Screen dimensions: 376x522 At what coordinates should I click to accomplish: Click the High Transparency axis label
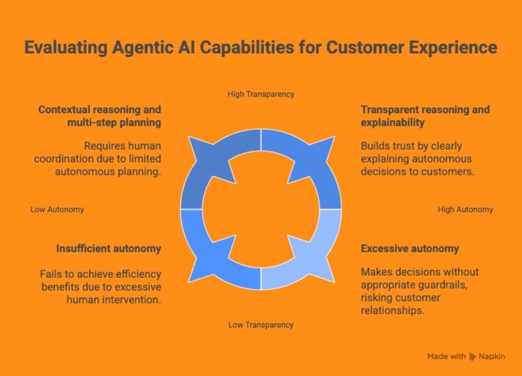tap(260, 94)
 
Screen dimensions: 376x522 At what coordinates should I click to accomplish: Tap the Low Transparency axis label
tap(260, 325)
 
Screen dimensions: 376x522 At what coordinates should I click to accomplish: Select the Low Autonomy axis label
tap(57, 210)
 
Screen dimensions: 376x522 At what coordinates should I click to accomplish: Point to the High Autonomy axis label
tap(465, 210)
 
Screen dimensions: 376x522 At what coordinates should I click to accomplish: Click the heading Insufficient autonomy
tap(109, 249)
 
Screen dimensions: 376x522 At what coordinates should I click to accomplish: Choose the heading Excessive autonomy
tap(410, 249)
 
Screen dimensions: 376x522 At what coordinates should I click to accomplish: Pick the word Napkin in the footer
tap(492, 357)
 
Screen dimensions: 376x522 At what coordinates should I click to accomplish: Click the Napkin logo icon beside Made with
tap(473, 357)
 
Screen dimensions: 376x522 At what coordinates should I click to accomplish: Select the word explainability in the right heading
tap(393, 123)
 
